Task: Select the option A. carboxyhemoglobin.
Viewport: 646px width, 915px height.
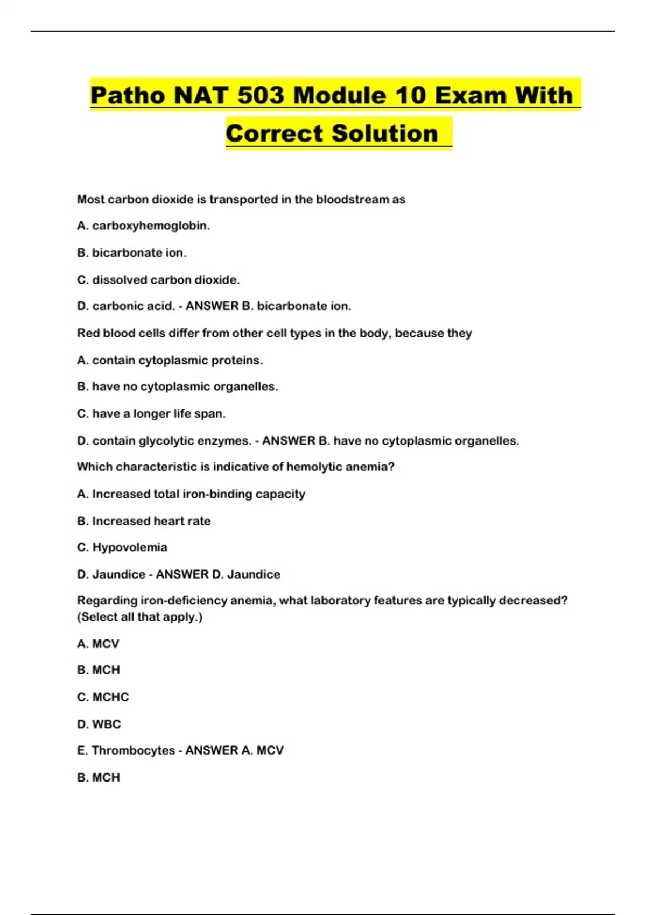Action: coord(143,226)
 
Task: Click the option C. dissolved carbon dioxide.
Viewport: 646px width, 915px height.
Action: coord(158,280)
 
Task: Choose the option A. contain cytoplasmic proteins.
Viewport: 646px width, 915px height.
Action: coord(170,361)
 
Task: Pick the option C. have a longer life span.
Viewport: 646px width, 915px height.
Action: coord(151,414)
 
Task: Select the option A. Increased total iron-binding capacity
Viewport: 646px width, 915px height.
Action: coord(191,494)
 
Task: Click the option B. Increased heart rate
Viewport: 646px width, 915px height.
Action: coord(144,521)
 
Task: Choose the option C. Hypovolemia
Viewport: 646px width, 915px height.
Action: coord(122,547)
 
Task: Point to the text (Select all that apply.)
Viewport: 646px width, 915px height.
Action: coord(139,617)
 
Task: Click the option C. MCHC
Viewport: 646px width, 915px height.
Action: coord(103,697)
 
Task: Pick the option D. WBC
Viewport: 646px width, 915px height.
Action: coord(99,724)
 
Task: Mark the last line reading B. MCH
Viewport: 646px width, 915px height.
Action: coord(99,777)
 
